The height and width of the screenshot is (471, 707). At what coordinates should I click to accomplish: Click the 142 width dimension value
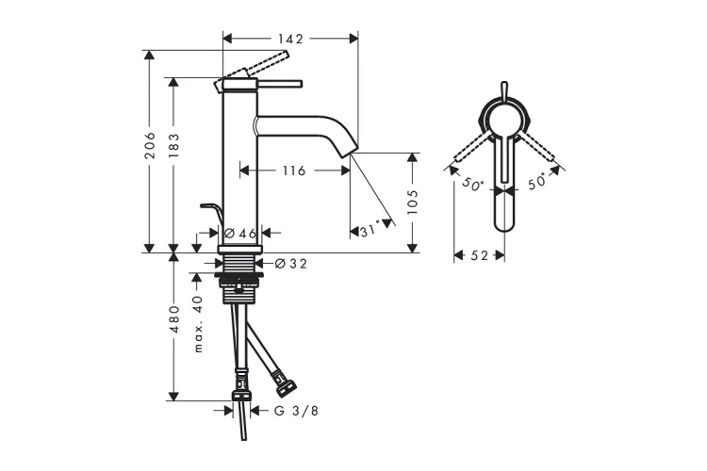[291, 39]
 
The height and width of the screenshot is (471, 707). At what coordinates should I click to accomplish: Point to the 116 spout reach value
[293, 171]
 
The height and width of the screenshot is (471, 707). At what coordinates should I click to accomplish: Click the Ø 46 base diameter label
[240, 233]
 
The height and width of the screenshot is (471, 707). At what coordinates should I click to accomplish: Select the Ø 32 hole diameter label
[291, 264]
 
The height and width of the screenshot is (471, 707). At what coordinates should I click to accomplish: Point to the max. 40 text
[198, 323]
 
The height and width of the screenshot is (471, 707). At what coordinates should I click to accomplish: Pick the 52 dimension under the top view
[478, 255]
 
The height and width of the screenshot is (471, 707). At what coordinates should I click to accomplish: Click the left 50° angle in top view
[472, 186]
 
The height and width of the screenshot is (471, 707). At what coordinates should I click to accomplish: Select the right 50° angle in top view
[537, 185]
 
